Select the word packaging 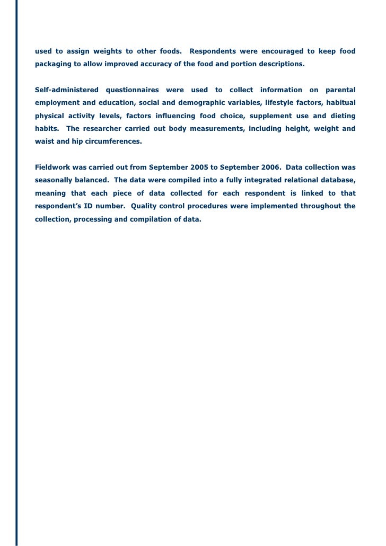pos(52,64)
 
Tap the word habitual pos(339,102)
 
